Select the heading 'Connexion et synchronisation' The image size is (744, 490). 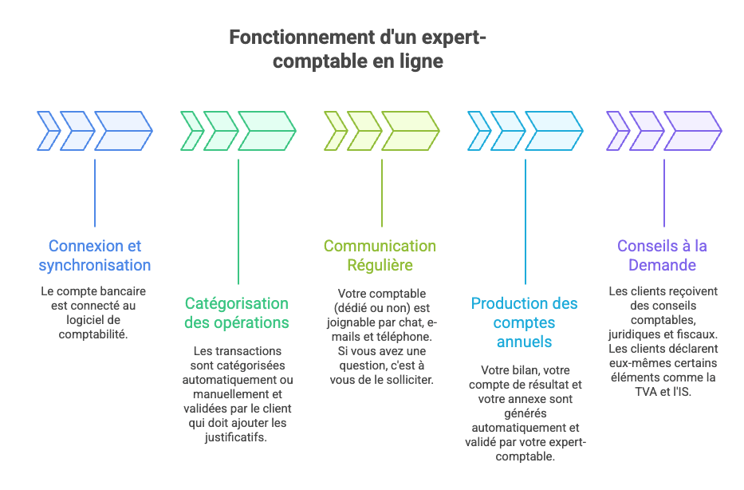pyautogui.click(x=95, y=255)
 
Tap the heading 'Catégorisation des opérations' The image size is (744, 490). pyautogui.click(x=237, y=313)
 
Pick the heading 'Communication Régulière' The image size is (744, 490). pyautogui.click(x=380, y=255)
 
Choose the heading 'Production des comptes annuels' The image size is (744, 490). pyautogui.click(x=524, y=322)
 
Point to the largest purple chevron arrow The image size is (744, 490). pyautogui.click(x=692, y=130)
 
